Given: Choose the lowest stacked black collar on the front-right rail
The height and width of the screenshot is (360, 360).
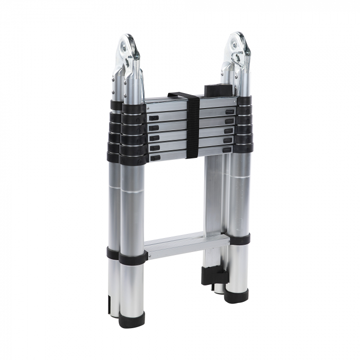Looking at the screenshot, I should point(243,148).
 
